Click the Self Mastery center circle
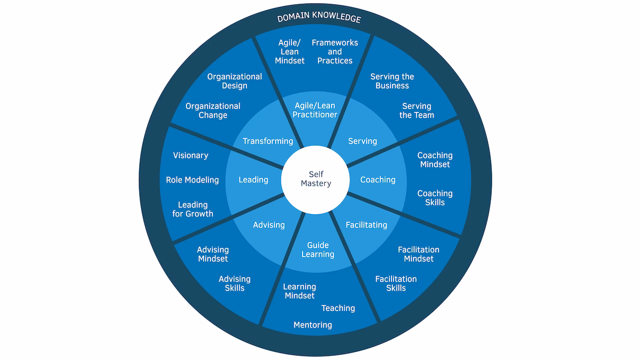click(315, 179)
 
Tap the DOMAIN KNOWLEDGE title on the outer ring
click(319, 17)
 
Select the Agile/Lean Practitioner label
click(315, 110)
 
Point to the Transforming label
click(268, 141)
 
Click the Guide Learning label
click(317, 249)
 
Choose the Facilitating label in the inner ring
click(366, 225)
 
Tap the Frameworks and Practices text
click(334, 51)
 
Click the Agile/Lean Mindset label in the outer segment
click(289, 51)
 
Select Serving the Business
click(392, 81)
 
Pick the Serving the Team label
click(416, 110)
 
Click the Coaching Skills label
click(434, 197)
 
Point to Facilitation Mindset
click(418, 254)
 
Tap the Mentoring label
click(312, 325)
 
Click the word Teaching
click(338, 308)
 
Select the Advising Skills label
click(234, 283)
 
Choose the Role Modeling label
click(192, 180)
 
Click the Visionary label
click(190, 155)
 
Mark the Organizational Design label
click(234, 81)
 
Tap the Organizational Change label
click(213, 110)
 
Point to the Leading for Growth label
click(192, 209)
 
